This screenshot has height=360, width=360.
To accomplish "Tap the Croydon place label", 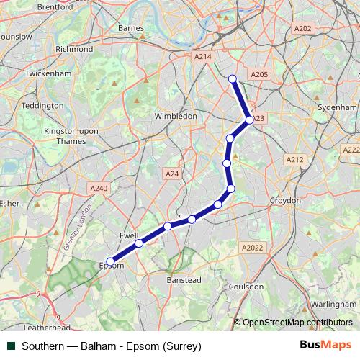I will (x=285, y=199).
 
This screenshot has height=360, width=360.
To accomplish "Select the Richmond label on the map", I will (x=74, y=49).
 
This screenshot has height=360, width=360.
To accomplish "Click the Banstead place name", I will (x=184, y=280).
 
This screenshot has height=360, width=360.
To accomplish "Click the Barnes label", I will (x=131, y=28).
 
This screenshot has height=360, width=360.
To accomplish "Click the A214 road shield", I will (x=203, y=55).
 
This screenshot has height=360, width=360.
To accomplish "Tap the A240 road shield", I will (x=99, y=188).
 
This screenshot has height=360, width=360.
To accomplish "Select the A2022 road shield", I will (x=253, y=247).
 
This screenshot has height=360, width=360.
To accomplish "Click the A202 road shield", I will (x=303, y=29).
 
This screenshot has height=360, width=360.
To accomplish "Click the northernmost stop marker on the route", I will (x=232, y=78).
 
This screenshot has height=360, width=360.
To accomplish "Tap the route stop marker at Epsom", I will (x=110, y=262).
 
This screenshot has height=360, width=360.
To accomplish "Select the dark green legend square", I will (x=11, y=346).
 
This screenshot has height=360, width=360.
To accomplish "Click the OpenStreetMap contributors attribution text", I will (x=297, y=323).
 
